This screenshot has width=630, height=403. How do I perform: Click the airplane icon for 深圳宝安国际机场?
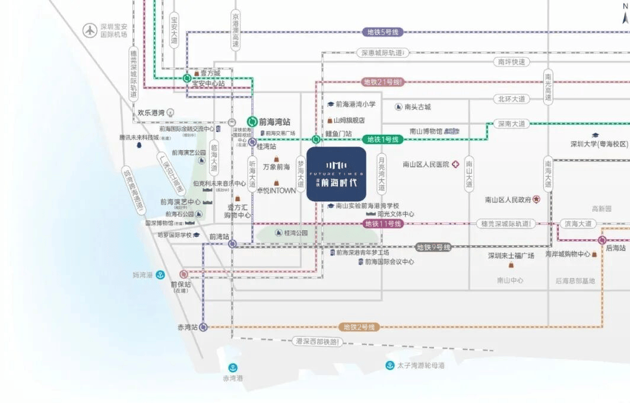(90, 29)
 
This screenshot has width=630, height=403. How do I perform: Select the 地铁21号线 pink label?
(383, 82)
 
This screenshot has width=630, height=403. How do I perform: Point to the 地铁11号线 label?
(383, 224)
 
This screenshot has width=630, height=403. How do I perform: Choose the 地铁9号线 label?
(433, 247)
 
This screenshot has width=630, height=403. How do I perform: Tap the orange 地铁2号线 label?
(359, 327)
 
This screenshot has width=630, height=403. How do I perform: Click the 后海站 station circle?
(602, 240)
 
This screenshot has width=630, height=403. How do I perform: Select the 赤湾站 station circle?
(204, 327)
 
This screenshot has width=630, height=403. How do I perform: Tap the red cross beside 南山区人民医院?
(455, 164)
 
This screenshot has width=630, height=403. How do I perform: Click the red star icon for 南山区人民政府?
(536, 199)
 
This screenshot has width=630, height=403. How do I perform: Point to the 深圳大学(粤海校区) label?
(599, 144)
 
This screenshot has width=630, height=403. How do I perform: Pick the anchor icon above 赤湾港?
(233, 368)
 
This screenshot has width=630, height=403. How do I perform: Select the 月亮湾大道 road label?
(382, 173)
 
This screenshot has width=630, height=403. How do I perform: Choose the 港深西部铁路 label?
(318, 342)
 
